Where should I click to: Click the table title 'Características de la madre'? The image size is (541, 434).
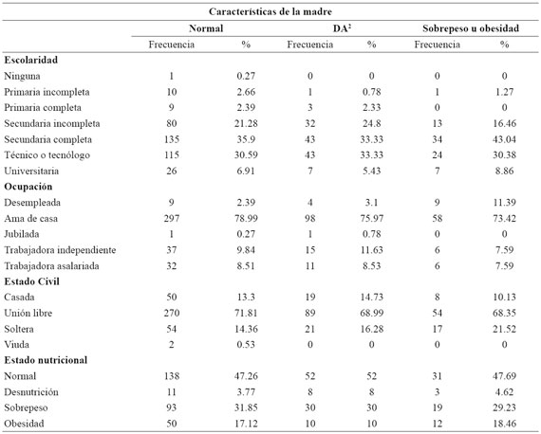coord(270,11)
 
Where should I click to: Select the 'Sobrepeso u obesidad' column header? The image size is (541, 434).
coord(471,28)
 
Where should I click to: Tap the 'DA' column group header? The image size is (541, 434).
coord(342,28)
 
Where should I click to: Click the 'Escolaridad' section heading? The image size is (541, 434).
coord(30,60)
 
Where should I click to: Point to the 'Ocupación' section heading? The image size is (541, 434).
coord(28,187)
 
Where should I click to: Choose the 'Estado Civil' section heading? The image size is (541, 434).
coord(31,281)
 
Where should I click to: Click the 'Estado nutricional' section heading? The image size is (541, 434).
coord(46,360)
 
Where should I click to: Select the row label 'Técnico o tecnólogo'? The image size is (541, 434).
coord(47,155)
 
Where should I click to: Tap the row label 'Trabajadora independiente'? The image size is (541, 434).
coord(60,250)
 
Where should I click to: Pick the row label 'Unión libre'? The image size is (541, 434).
coord(28,313)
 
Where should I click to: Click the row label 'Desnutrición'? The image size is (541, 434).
coord(31,392)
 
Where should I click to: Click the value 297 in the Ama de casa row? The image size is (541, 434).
coord(172,218)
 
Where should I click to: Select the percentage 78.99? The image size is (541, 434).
coord(246,218)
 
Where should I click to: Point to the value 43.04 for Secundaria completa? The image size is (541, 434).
coord(504,139)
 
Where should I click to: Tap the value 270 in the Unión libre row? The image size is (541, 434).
coord(172,313)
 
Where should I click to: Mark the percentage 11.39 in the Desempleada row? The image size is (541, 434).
coord(504,203)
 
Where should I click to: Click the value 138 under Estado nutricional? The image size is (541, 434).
coord(172,376)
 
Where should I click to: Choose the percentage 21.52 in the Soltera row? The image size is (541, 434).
coord(504,329)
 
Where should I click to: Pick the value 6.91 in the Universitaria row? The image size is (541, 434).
coord(246,171)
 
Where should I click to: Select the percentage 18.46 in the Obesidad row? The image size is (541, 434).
coord(504,424)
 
